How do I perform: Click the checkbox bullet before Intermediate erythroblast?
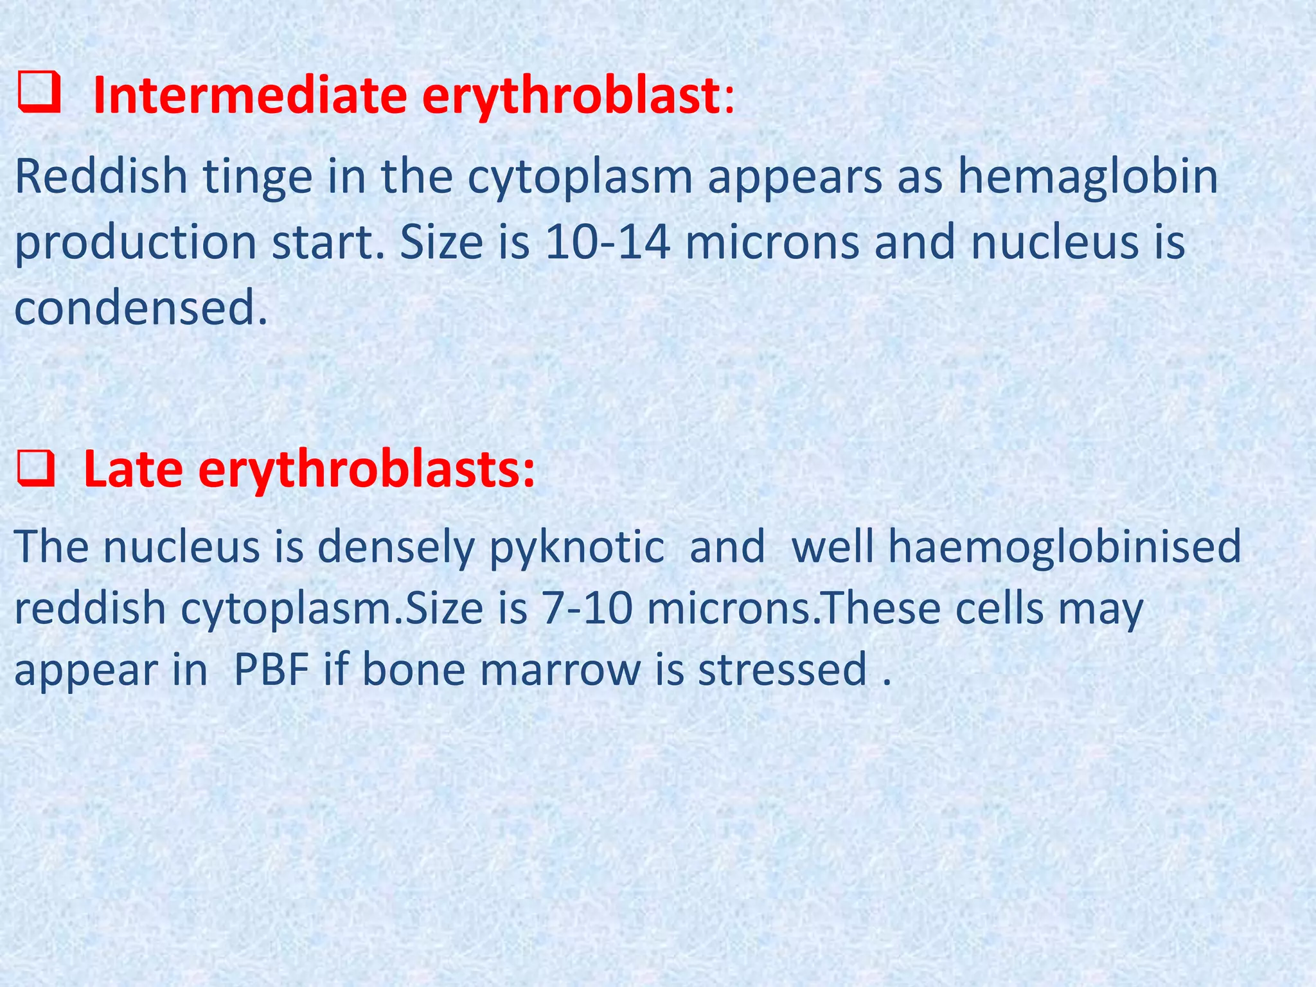click(39, 94)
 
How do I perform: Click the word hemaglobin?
click(1087, 177)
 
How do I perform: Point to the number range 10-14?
click(608, 242)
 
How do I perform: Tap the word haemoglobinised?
click(1016, 547)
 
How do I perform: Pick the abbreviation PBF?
click(271, 669)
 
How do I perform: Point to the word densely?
click(395, 547)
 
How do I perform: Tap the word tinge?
click(258, 177)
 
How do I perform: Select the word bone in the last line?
click(413, 669)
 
